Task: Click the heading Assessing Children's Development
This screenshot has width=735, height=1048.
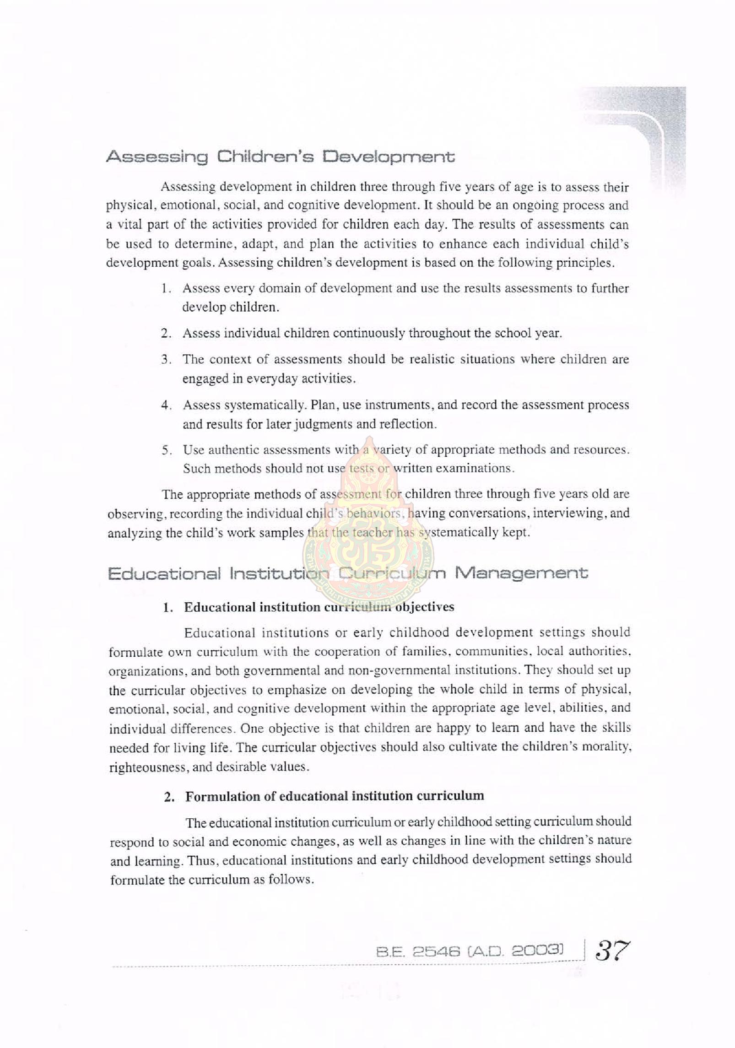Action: (x=281, y=157)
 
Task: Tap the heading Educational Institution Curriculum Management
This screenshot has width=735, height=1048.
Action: (x=348, y=573)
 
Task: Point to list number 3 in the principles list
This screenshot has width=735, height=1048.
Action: (x=166, y=360)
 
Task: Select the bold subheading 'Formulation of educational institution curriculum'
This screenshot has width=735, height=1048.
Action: (x=334, y=796)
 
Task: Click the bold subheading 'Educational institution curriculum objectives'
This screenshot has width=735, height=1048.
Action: (x=319, y=607)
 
